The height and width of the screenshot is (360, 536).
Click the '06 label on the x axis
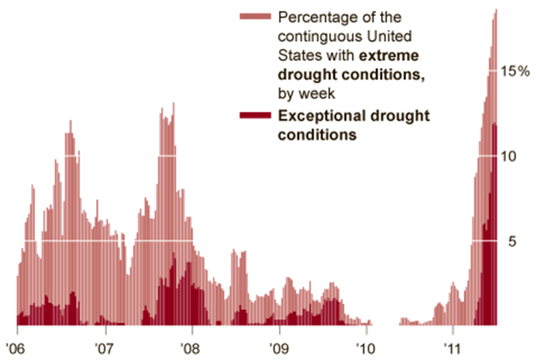[x=16, y=346]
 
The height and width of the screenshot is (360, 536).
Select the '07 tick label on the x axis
[x=104, y=346]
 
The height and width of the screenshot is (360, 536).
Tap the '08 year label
[x=190, y=346]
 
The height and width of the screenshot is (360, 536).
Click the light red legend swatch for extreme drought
[x=255, y=17]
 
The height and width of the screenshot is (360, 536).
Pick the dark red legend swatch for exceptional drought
[x=255, y=115]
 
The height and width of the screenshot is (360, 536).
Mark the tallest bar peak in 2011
[x=496, y=10]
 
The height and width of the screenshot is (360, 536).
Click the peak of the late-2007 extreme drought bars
[x=173, y=104]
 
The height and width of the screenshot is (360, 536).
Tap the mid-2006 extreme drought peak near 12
[x=70, y=121]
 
